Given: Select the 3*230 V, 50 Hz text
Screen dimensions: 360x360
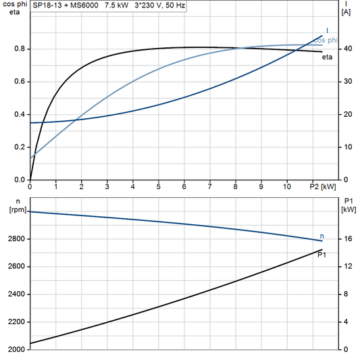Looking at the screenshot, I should click(159, 6).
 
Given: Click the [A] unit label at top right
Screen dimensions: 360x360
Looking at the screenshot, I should click(346, 12).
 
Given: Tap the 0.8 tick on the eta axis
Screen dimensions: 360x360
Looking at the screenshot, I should click(20, 49).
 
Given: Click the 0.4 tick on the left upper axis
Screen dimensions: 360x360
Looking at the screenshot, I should click(20, 114).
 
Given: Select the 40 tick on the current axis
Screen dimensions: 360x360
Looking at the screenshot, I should click(347, 49).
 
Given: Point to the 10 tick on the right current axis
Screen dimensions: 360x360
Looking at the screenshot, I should click(347, 147).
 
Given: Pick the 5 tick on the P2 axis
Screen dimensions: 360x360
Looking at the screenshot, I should click(158, 186).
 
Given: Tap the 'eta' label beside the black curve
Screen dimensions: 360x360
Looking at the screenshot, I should click(326, 57).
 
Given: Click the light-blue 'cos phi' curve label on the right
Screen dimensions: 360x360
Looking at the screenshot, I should click(326, 41).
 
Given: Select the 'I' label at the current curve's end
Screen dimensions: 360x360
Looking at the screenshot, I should click(328, 30).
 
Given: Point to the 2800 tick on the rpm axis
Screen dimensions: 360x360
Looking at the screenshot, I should click(15, 239).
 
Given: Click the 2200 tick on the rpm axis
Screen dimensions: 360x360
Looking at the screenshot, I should click(15, 322).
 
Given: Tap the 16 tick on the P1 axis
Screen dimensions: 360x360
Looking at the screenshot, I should click(346, 239).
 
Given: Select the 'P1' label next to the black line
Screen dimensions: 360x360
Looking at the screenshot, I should click(322, 255).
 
